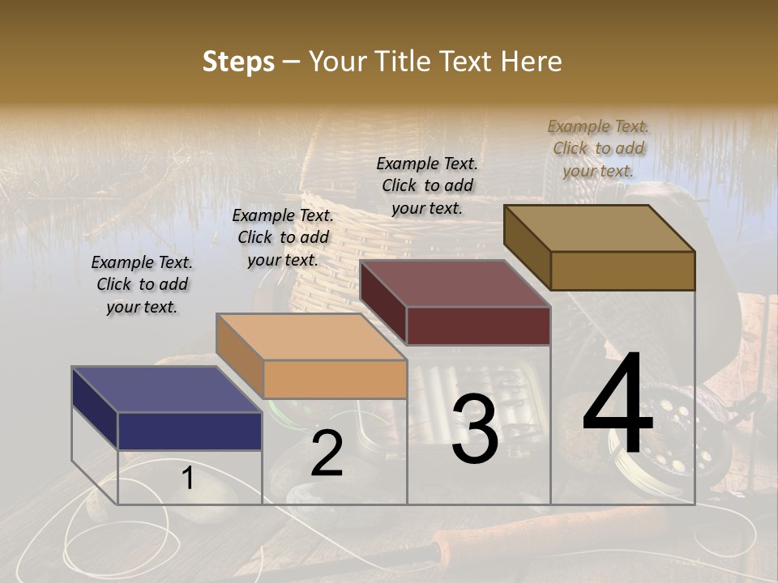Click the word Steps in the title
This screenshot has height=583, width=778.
click(x=238, y=62)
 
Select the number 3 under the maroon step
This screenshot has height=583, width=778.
click(x=475, y=429)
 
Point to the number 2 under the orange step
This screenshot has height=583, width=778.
click(x=327, y=453)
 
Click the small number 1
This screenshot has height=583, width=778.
click(x=187, y=479)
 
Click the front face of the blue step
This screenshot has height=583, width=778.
click(x=190, y=431)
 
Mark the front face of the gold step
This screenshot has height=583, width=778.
click(x=622, y=270)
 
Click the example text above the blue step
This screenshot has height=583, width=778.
click(x=142, y=284)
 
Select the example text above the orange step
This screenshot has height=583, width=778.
click(x=283, y=237)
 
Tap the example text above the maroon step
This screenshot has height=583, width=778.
click(x=427, y=185)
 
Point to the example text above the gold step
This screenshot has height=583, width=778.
click(x=598, y=148)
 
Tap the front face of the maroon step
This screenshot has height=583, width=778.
click(x=478, y=326)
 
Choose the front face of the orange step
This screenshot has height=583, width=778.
click(x=334, y=379)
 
